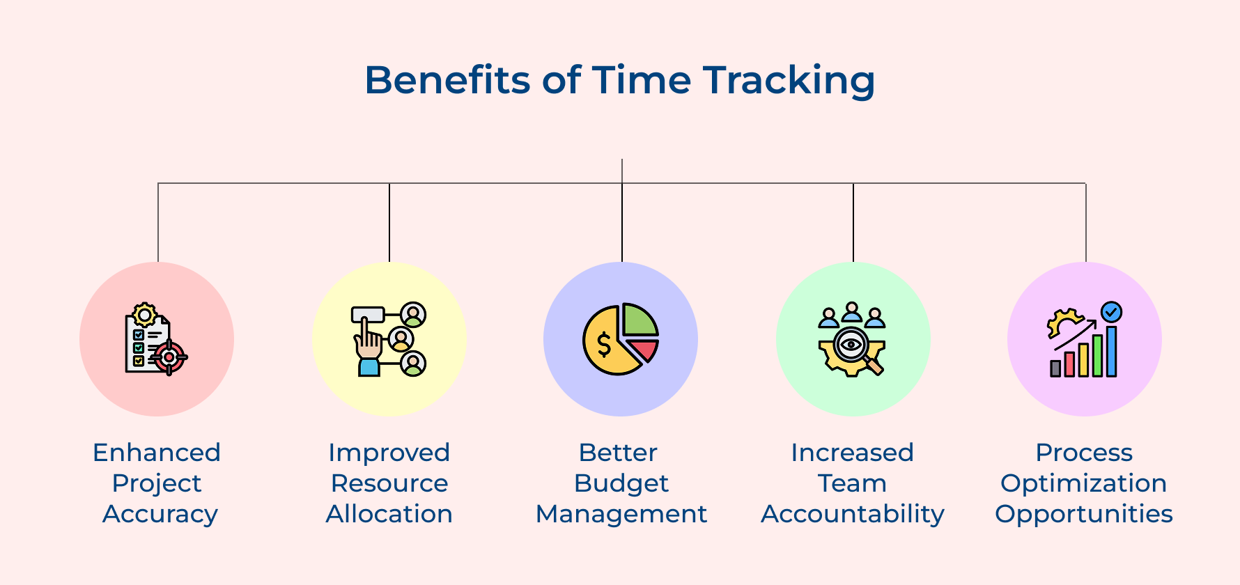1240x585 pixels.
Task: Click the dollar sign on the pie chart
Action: pos(604,345)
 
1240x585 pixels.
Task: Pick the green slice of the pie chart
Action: pos(637,321)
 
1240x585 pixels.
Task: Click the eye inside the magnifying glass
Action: pos(851,343)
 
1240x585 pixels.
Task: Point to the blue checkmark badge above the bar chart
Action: pos(1111,311)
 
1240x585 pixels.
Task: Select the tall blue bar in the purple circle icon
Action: pos(1111,351)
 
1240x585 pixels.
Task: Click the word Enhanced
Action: pos(157,453)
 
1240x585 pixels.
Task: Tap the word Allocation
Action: pos(389,514)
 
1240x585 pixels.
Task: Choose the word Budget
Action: pos(621,483)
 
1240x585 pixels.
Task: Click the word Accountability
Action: pos(853,514)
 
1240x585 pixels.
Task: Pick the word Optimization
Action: pos(1083,483)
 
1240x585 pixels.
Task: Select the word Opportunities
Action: pos(1083,514)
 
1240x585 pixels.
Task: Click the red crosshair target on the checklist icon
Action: pos(169,357)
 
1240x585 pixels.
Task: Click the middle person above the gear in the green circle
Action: pos(852,311)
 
